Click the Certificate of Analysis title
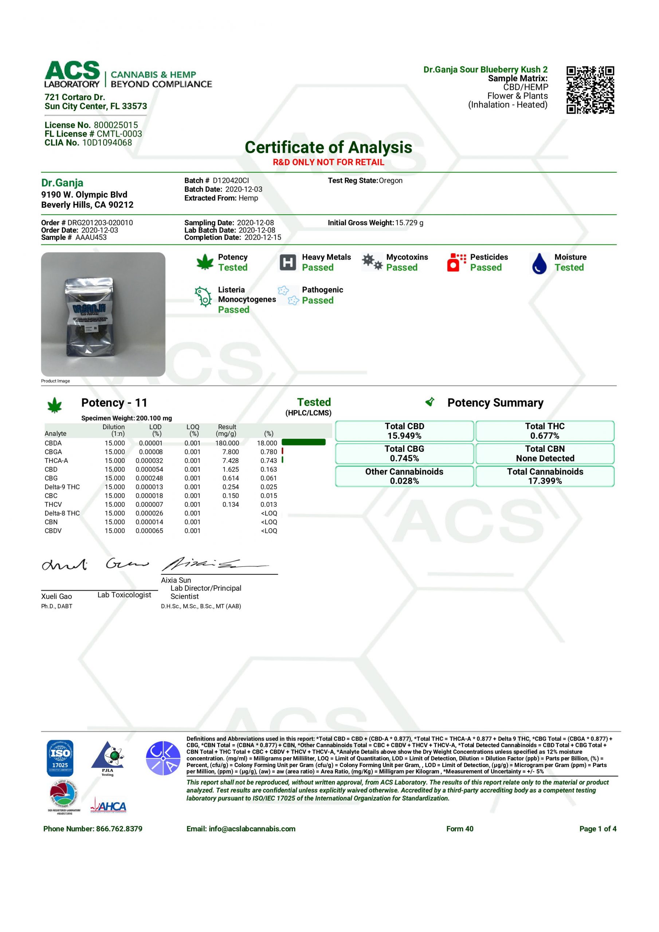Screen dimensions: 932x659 coord(328,147)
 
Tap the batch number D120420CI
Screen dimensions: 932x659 coord(231,181)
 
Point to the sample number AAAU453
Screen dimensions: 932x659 coord(91,237)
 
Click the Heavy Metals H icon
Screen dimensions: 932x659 coord(288,262)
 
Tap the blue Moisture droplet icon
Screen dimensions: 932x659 coord(539,263)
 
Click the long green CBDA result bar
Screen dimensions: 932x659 coord(303,442)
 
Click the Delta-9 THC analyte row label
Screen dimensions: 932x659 coord(62,487)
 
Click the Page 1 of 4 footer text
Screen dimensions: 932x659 coord(597,829)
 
